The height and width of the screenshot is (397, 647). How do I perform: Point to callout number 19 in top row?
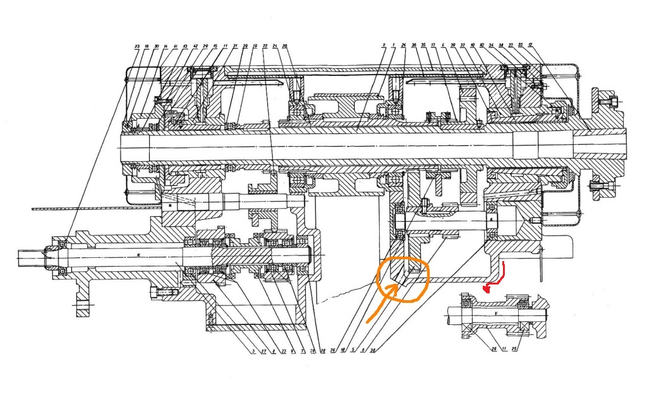pos(255,46)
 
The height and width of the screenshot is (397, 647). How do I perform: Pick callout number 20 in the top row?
pos(285,46)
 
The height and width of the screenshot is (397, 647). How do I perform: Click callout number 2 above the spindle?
pos(384,46)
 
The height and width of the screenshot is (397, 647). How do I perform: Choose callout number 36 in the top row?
pos(414,46)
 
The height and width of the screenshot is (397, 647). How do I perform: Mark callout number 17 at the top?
pos(433,46)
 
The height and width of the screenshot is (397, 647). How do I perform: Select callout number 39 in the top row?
pos(453,46)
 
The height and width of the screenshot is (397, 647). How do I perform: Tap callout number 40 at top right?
pos(481,46)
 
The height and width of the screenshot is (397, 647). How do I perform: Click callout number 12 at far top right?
pos(530,46)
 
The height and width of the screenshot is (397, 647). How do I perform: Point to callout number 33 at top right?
pos(520,46)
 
